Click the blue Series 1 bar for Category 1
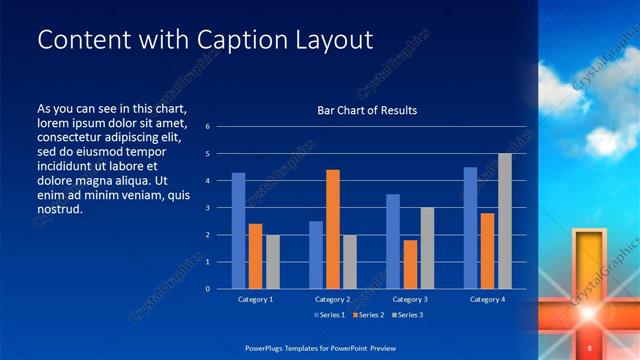(x=238, y=231)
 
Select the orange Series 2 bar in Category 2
(x=333, y=229)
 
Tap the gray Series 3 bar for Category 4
(x=505, y=221)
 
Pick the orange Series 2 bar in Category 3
(x=410, y=264)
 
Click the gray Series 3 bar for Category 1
(x=273, y=262)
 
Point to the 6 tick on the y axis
(x=207, y=127)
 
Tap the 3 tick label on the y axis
(x=207, y=208)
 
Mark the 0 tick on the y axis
(x=207, y=289)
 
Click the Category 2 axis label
(x=333, y=299)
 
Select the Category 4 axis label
(x=487, y=299)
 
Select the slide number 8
(x=591, y=347)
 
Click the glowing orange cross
(x=590, y=300)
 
